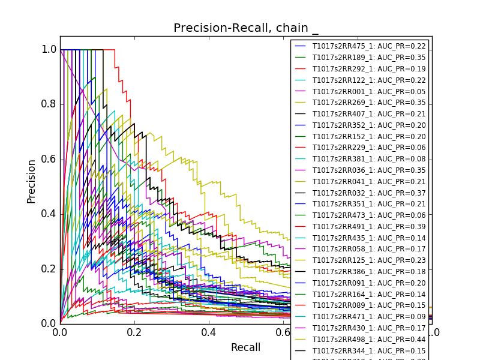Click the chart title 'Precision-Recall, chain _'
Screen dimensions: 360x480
coord(246,28)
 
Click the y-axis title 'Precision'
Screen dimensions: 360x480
coord(31,181)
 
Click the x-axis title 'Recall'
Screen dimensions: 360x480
coord(246,347)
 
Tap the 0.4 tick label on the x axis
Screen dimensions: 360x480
coord(209,332)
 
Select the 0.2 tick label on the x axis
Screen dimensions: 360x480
coord(134,332)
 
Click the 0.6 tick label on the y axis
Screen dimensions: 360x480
coord(49,159)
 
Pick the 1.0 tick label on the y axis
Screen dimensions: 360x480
coord(49,50)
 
